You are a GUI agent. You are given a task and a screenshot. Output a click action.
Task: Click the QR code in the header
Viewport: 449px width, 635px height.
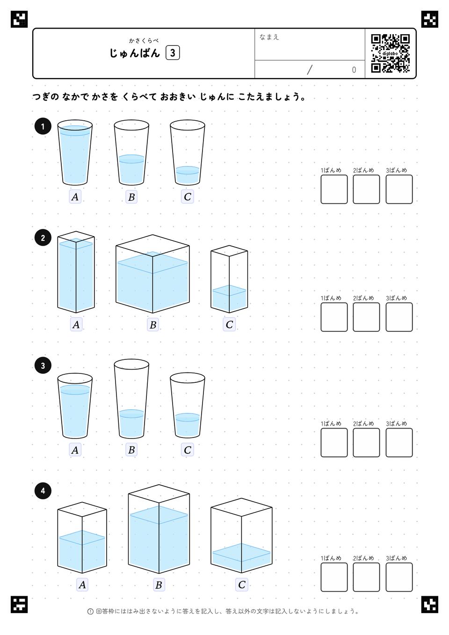click(391, 53)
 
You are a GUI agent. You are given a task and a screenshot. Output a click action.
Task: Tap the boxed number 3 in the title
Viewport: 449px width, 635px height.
click(173, 53)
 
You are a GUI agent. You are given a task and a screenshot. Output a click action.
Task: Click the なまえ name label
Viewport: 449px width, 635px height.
click(269, 37)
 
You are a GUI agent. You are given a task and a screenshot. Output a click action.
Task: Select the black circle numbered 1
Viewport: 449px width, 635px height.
click(43, 126)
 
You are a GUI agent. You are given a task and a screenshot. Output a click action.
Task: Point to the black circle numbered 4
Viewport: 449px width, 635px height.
click(43, 491)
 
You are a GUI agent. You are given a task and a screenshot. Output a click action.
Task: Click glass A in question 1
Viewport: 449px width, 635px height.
click(75, 153)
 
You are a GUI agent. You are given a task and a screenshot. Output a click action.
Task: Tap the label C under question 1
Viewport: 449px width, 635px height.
click(187, 197)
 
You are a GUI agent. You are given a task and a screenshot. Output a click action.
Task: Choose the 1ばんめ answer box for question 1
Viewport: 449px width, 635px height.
click(334, 189)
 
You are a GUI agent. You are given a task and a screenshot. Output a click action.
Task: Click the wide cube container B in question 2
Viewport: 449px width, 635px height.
click(152, 274)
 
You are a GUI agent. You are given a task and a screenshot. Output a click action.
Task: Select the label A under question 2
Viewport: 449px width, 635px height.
click(76, 324)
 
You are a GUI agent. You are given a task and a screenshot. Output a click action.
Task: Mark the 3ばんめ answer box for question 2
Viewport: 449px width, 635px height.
click(399, 317)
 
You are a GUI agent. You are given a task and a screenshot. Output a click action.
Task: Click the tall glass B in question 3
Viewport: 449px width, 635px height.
click(131, 399)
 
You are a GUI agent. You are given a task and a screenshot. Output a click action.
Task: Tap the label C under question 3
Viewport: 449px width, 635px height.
click(187, 450)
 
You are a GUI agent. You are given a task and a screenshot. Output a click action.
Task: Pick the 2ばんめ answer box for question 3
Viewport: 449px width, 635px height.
click(366, 443)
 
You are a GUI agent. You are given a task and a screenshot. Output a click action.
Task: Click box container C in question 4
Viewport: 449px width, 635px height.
click(241, 535)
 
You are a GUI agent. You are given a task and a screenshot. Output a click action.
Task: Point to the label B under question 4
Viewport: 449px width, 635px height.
click(159, 584)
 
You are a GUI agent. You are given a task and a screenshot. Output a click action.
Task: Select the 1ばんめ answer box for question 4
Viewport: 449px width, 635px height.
click(334, 577)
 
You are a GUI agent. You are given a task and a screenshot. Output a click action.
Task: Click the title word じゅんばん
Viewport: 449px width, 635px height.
click(135, 53)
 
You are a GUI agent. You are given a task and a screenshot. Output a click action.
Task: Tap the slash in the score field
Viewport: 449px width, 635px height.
click(310, 70)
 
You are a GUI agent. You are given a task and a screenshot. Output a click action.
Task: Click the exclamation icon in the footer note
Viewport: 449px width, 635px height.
click(90, 612)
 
